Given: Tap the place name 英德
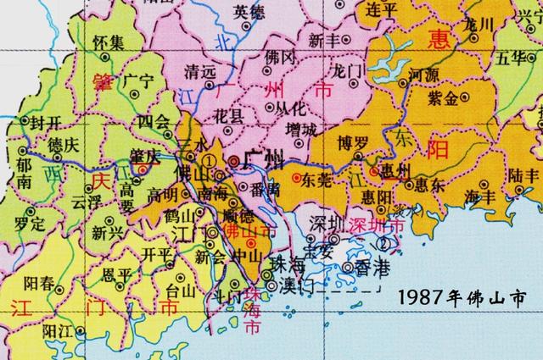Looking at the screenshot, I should pos(250,12).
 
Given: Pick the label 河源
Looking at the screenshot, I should pos(424,75).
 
